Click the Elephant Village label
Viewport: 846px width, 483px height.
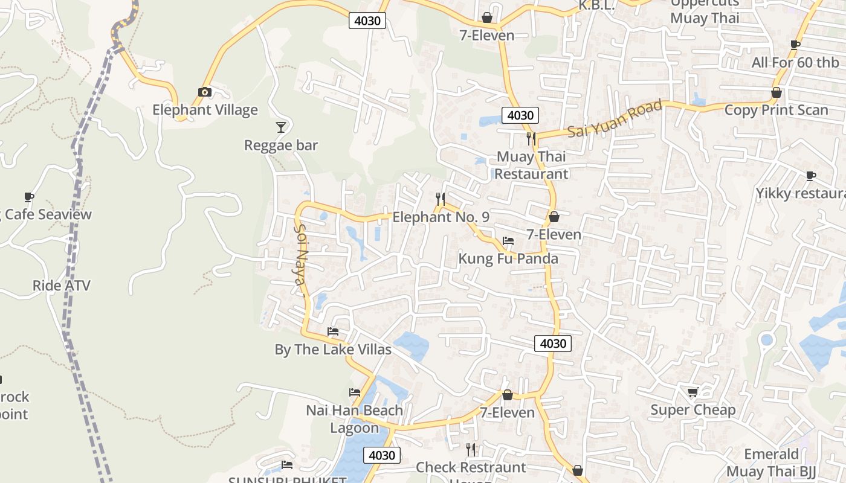(205, 110)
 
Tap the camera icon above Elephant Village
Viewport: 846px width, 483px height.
(205, 92)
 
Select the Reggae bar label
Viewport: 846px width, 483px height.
(280, 146)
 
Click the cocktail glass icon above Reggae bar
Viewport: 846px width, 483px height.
(281, 127)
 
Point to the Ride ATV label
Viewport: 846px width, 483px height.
(61, 285)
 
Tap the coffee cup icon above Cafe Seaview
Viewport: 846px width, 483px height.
(28, 197)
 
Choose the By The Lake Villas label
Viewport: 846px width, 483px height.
(333, 350)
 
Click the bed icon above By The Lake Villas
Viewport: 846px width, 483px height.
(333, 331)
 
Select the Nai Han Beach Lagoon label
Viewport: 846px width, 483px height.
(354, 419)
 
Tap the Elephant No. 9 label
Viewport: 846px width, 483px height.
(441, 217)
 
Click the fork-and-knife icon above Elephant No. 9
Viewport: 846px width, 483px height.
(441, 199)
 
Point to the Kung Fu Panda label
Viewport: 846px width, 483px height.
(508, 258)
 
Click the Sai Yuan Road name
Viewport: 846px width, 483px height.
(615, 119)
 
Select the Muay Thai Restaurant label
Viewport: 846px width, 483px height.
(532, 165)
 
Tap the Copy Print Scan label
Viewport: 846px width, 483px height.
(776, 110)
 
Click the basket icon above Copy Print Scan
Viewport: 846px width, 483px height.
(777, 92)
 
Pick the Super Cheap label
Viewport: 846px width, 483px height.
(693, 411)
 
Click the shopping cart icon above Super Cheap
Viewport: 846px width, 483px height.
(693, 392)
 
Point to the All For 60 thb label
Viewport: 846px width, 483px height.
(795, 63)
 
